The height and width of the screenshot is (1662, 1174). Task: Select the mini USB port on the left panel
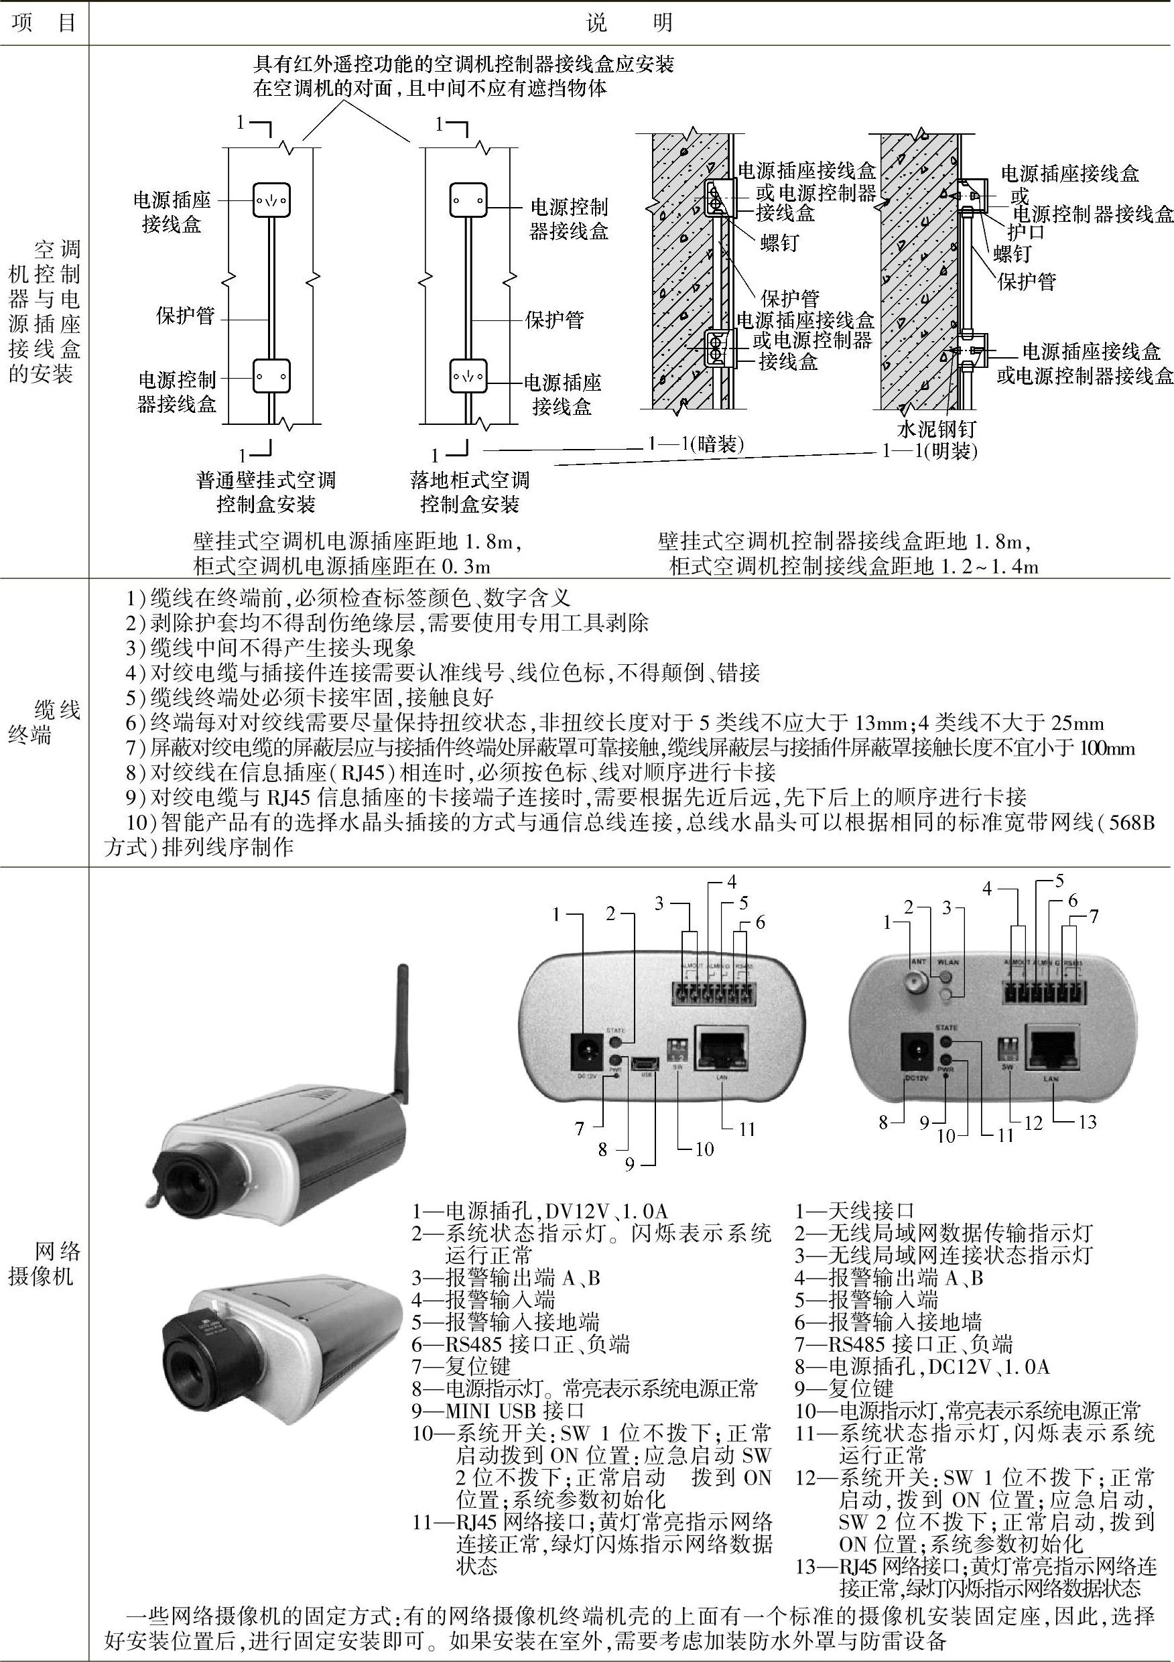tap(645, 1062)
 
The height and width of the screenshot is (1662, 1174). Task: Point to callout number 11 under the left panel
tap(747, 1128)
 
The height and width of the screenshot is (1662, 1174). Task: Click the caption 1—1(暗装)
tap(696, 444)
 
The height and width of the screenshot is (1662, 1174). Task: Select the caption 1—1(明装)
tap(929, 451)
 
